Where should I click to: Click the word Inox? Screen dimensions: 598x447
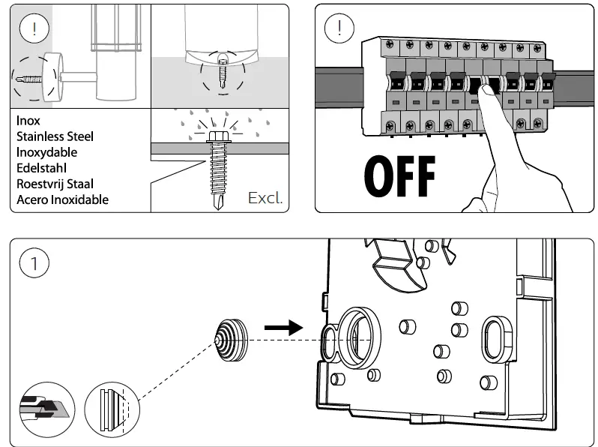coord(28,121)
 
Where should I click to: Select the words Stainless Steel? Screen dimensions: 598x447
coord(55,136)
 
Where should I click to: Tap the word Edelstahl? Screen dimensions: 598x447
coord(41,168)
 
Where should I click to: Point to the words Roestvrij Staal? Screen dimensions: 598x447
coord(55,184)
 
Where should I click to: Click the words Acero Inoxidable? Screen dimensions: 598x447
coord(62,199)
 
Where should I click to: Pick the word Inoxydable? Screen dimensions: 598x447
coord(47,152)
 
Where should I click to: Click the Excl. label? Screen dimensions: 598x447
coord(265,198)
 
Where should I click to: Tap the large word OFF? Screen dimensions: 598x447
coord(399,176)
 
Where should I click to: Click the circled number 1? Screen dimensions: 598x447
coord(34,263)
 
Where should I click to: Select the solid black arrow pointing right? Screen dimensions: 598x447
coord(284,328)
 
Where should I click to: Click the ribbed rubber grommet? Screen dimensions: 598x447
coord(232,340)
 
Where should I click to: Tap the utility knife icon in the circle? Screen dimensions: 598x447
coord(47,409)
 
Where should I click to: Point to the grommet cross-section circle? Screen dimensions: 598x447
coord(112,409)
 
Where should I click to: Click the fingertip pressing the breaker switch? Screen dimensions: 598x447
coord(486,91)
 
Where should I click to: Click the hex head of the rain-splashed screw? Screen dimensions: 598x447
coord(218,136)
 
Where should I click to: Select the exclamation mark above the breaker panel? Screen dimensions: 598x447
coord(339,28)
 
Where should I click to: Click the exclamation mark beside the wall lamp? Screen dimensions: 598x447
coord(34,28)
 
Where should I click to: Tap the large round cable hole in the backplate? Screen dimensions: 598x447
coord(359,337)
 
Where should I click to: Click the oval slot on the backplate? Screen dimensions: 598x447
coord(497,340)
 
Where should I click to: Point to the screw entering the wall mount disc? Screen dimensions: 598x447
coord(29,79)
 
